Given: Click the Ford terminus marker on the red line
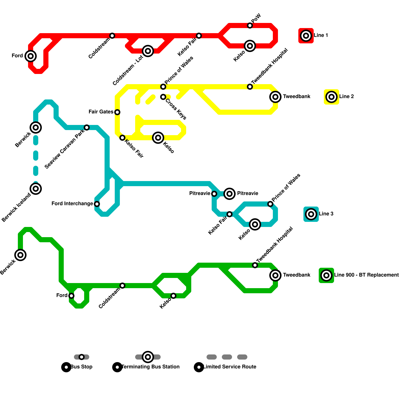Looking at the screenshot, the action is click(x=31, y=56).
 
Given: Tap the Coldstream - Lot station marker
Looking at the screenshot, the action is click(x=148, y=51).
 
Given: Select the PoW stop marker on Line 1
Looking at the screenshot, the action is click(x=250, y=25).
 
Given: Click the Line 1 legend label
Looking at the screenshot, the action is click(x=321, y=35).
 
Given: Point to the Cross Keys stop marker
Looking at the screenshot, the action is click(x=163, y=97).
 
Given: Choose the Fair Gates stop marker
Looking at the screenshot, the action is click(x=117, y=112).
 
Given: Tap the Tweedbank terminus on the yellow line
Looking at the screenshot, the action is click(x=275, y=97).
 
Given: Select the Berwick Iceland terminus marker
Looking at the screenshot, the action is click(x=36, y=189).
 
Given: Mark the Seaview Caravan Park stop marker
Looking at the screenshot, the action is click(x=87, y=127).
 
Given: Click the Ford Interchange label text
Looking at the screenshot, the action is click(x=72, y=204).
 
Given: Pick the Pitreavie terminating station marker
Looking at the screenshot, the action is click(x=229, y=194).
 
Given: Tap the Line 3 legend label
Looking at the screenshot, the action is click(x=326, y=214).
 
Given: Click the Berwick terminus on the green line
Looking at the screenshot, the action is click(x=20, y=255).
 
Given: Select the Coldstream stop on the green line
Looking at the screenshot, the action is click(x=122, y=286).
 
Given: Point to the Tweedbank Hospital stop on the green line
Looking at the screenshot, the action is click(x=255, y=265).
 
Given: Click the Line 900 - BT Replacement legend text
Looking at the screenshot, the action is click(x=366, y=275).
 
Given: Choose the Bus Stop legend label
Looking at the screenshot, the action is click(x=81, y=367).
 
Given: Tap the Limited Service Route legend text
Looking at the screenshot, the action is click(x=230, y=367).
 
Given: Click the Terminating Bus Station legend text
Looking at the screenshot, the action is click(x=150, y=367).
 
